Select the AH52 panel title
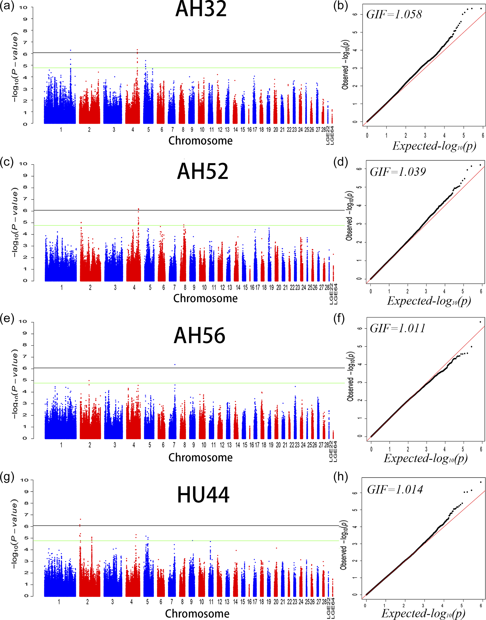(x=203, y=172)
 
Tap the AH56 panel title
(x=199, y=335)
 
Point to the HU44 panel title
(x=203, y=495)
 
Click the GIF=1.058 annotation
(x=394, y=15)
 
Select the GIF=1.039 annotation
(x=398, y=172)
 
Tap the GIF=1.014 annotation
(x=395, y=490)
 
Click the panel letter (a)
(x=7, y=6)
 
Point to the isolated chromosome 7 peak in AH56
(x=175, y=365)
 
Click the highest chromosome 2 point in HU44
(x=80, y=519)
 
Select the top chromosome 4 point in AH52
(x=138, y=209)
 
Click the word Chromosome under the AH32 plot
(x=200, y=141)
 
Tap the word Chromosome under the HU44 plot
(x=197, y=613)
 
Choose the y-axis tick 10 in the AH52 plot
(x=23, y=164)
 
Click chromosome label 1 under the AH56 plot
(x=61, y=445)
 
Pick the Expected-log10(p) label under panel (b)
(x=434, y=146)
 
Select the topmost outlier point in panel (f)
(x=480, y=322)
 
